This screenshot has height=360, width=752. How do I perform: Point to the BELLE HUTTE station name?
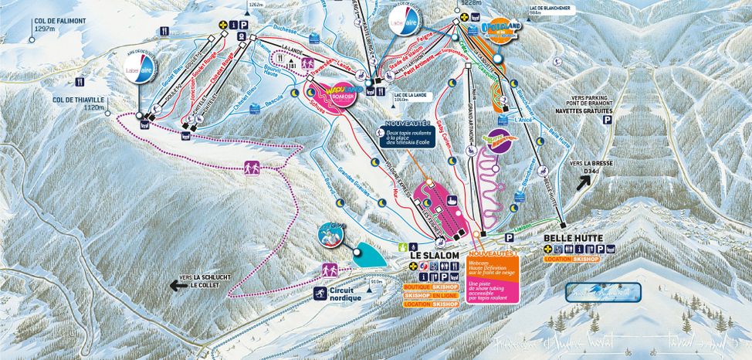pos(572,239)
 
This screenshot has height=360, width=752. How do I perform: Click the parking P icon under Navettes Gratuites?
pos(607,121)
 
